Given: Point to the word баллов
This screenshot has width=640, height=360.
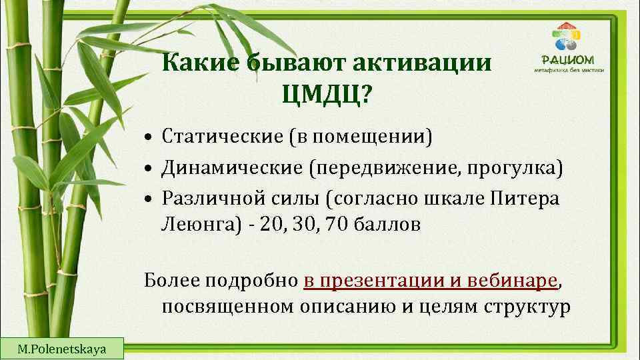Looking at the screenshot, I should click(x=393, y=225).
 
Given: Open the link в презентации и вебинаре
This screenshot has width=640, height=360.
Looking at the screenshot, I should click(x=430, y=281).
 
